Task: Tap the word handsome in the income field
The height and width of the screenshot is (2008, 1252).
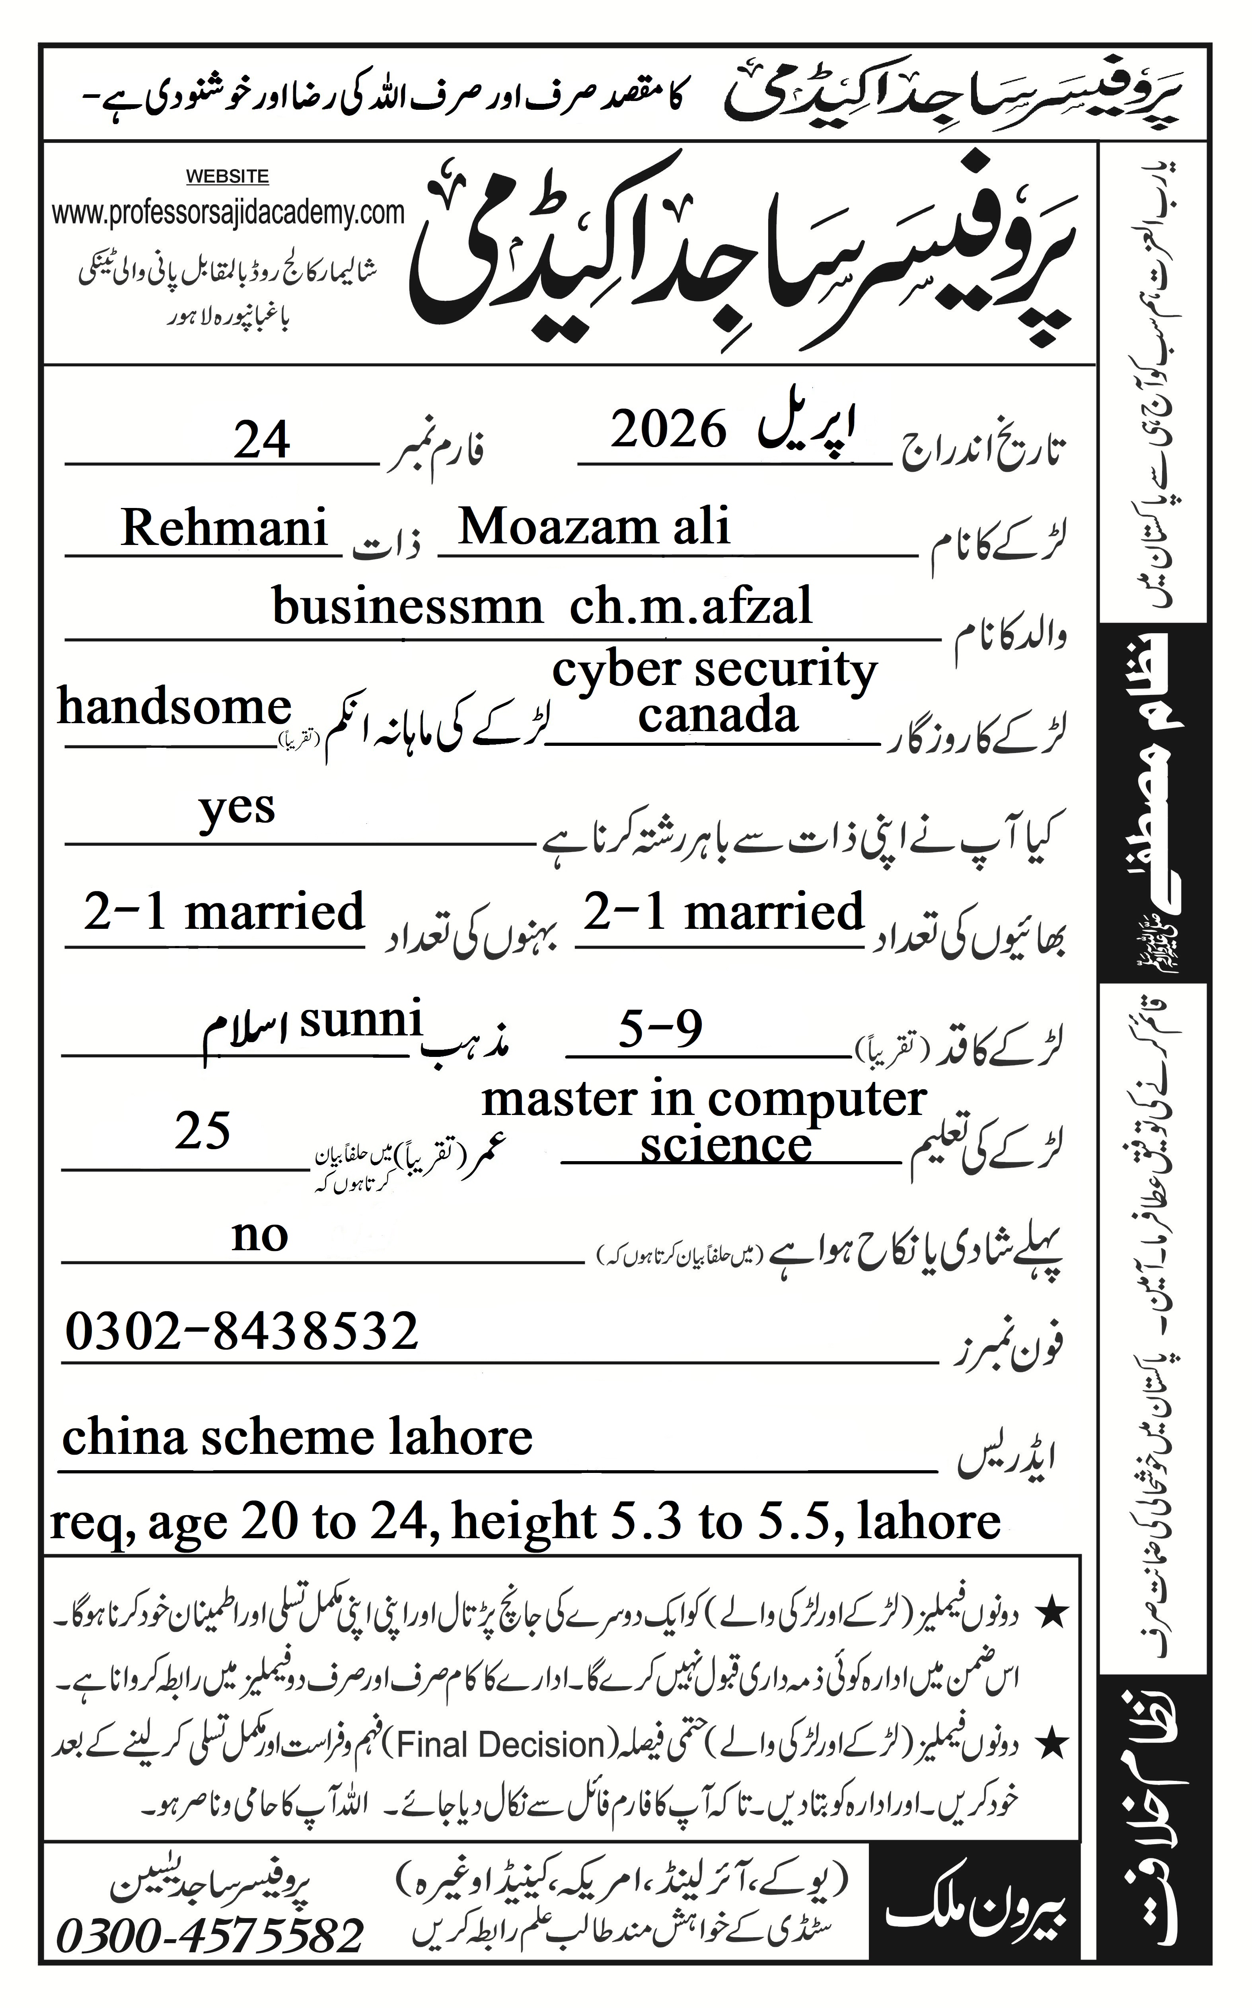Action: coord(174,708)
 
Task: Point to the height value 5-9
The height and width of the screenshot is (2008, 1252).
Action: coord(660,1030)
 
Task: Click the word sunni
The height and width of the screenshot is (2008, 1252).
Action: coord(361,1020)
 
